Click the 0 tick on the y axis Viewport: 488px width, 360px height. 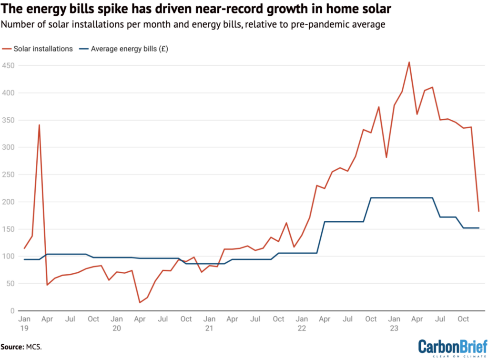click(13, 311)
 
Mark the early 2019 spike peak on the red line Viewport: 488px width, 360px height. click(39, 125)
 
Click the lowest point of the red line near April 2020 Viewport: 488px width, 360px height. click(140, 302)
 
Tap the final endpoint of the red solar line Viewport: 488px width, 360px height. click(478, 211)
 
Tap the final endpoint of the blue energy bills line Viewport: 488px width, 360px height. click(478, 228)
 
